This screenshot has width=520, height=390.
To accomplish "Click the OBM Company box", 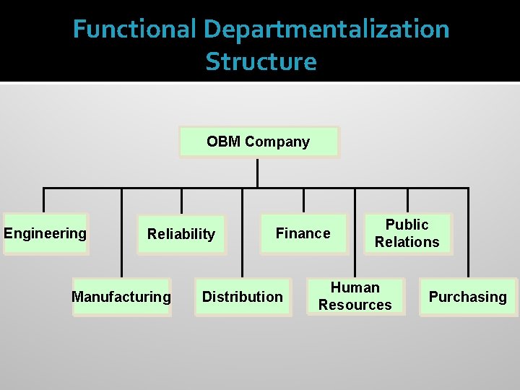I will (259, 142).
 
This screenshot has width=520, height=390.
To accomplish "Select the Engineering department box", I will (45, 233).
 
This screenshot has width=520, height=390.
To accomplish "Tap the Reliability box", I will (181, 234).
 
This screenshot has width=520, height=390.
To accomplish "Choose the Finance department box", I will (303, 233).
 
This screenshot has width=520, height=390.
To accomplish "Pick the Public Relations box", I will (407, 233).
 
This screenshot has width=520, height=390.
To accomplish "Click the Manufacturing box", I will (121, 297).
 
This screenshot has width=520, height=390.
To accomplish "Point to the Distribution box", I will (242, 297).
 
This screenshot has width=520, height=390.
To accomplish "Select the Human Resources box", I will (355, 297).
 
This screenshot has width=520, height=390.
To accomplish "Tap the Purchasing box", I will (468, 297).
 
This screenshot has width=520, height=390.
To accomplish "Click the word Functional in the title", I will (134, 30).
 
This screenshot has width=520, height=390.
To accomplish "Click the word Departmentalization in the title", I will (326, 30).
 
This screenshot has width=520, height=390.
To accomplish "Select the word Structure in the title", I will (261, 61).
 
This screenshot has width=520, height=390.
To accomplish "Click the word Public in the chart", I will (407, 225).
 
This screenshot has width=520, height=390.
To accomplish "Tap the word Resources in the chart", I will (355, 305).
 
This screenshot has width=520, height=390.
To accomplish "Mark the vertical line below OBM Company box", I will (258, 173).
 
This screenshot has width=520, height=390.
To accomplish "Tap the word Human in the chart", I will (355, 287).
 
